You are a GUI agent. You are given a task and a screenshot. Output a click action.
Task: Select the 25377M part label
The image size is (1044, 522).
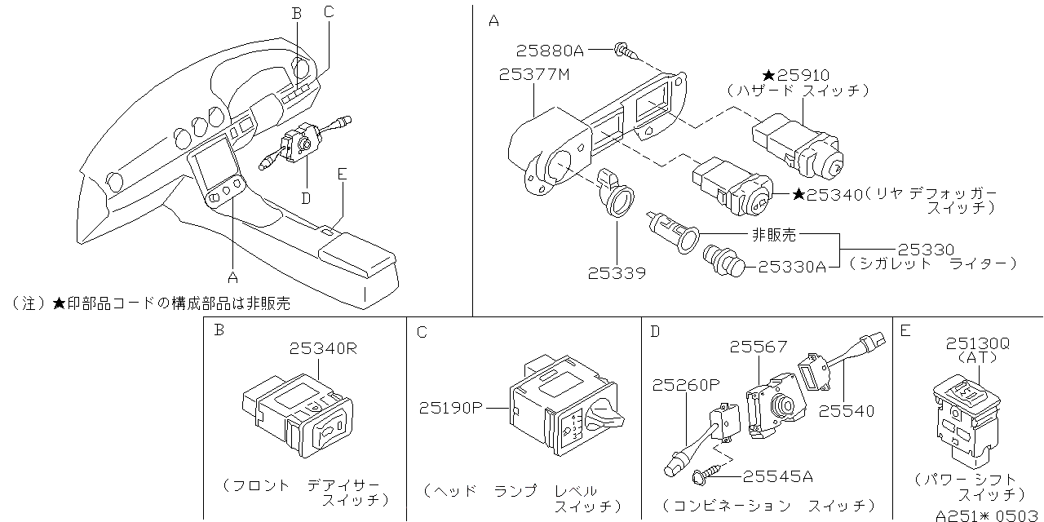click(534, 74)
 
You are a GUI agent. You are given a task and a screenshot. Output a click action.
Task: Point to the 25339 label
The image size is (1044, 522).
click(617, 272)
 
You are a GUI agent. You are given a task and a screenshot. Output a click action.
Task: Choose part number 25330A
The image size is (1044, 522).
click(792, 266)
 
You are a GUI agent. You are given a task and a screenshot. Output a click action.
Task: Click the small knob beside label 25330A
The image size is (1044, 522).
click(721, 261)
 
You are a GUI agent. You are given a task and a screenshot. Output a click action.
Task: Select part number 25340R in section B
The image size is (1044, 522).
click(323, 349)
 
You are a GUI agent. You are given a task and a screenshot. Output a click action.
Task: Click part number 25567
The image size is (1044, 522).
click(759, 347)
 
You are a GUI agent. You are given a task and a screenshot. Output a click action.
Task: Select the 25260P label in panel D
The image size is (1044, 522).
click(685, 384)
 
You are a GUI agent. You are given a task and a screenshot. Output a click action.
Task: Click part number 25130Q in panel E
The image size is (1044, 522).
click(978, 344)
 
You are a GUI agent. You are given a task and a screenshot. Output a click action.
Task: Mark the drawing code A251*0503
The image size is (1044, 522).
click(988, 514)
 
